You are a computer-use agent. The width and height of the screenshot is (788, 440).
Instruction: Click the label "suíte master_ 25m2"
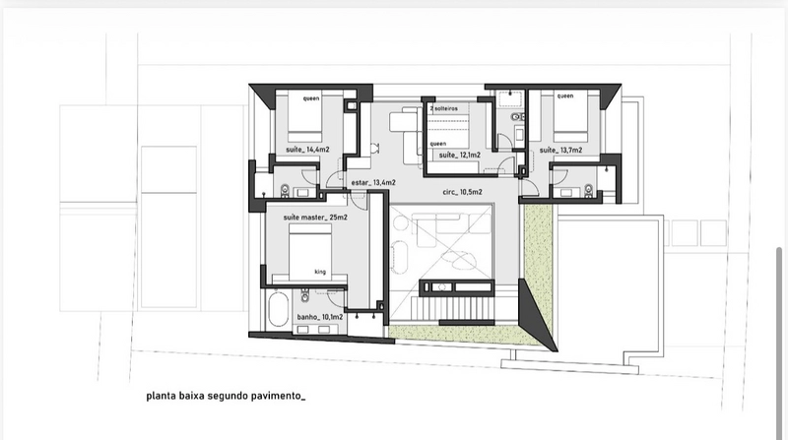[315, 218]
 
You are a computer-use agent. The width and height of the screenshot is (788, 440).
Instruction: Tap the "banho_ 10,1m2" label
[319, 317]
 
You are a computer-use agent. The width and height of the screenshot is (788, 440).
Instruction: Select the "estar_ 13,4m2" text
[373, 182]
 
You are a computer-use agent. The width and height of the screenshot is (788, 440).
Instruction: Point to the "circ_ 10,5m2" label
[462, 192]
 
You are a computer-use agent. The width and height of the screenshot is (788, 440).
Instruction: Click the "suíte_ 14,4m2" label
[307, 150]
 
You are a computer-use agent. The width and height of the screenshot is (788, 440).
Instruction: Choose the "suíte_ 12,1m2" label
[459, 155]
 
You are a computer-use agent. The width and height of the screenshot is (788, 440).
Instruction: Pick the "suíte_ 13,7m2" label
[560, 150]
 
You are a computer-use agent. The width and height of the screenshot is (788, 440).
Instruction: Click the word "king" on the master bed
[320, 272]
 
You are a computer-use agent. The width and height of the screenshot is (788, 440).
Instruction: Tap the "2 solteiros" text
[443, 108]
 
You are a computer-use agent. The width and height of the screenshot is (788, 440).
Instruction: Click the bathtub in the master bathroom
[278, 309]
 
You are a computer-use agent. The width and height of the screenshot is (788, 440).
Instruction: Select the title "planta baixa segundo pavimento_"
[226, 396]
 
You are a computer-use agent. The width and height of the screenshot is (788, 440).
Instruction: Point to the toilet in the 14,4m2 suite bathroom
[285, 190]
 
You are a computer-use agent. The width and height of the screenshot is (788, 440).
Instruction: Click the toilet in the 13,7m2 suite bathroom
[588, 190]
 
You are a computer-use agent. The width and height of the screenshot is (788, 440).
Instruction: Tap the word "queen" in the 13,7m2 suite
[564, 95]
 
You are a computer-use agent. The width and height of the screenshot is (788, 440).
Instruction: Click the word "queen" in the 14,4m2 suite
[311, 98]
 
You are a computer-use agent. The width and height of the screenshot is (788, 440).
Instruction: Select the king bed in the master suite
[310, 253]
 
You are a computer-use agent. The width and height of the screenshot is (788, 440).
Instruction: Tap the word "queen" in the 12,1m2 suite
[437, 144]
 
